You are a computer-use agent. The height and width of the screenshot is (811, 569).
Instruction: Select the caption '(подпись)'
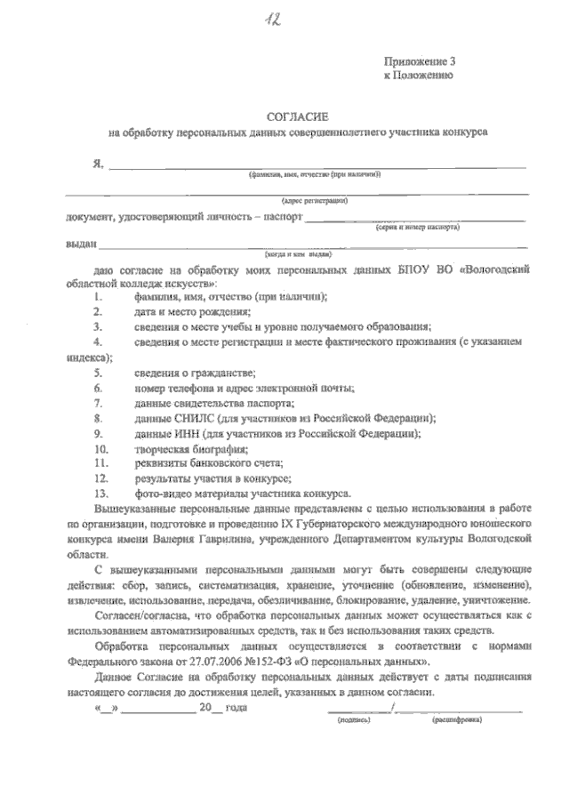353,719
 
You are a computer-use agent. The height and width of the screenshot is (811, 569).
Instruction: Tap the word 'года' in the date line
236,708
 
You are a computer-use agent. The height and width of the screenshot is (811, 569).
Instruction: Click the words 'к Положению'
418,76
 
